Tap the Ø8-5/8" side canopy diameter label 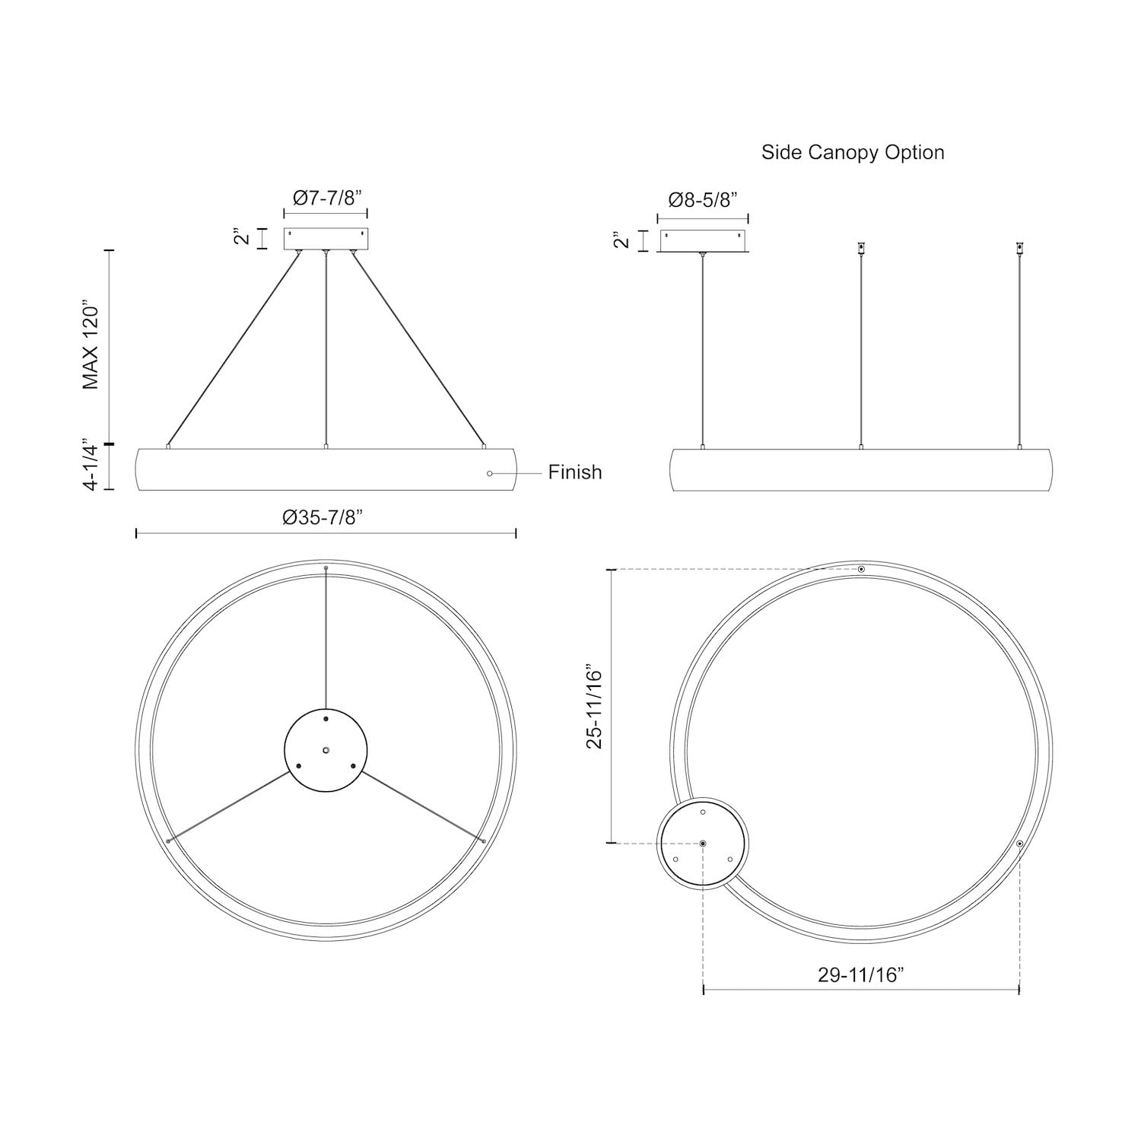(x=702, y=200)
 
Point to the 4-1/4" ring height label (x=91, y=465)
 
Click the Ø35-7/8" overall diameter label (x=323, y=517)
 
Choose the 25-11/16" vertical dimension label (x=594, y=709)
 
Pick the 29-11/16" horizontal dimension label (x=860, y=974)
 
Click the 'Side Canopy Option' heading (x=853, y=152)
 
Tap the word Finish (x=575, y=472)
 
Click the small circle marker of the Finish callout (x=490, y=473)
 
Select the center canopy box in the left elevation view (x=326, y=239)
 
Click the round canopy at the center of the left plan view (x=326, y=750)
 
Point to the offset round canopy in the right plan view (x=703, y=844)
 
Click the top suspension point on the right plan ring (x=861, y=569)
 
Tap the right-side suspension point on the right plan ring (x=1019, y=844)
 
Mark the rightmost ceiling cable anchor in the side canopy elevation (x=1019, y=247)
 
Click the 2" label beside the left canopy (x=243, y=237)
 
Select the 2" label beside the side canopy (x=622, y=240)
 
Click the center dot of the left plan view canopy (x=326, y=750)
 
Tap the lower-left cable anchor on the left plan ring (x=167, y=841)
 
